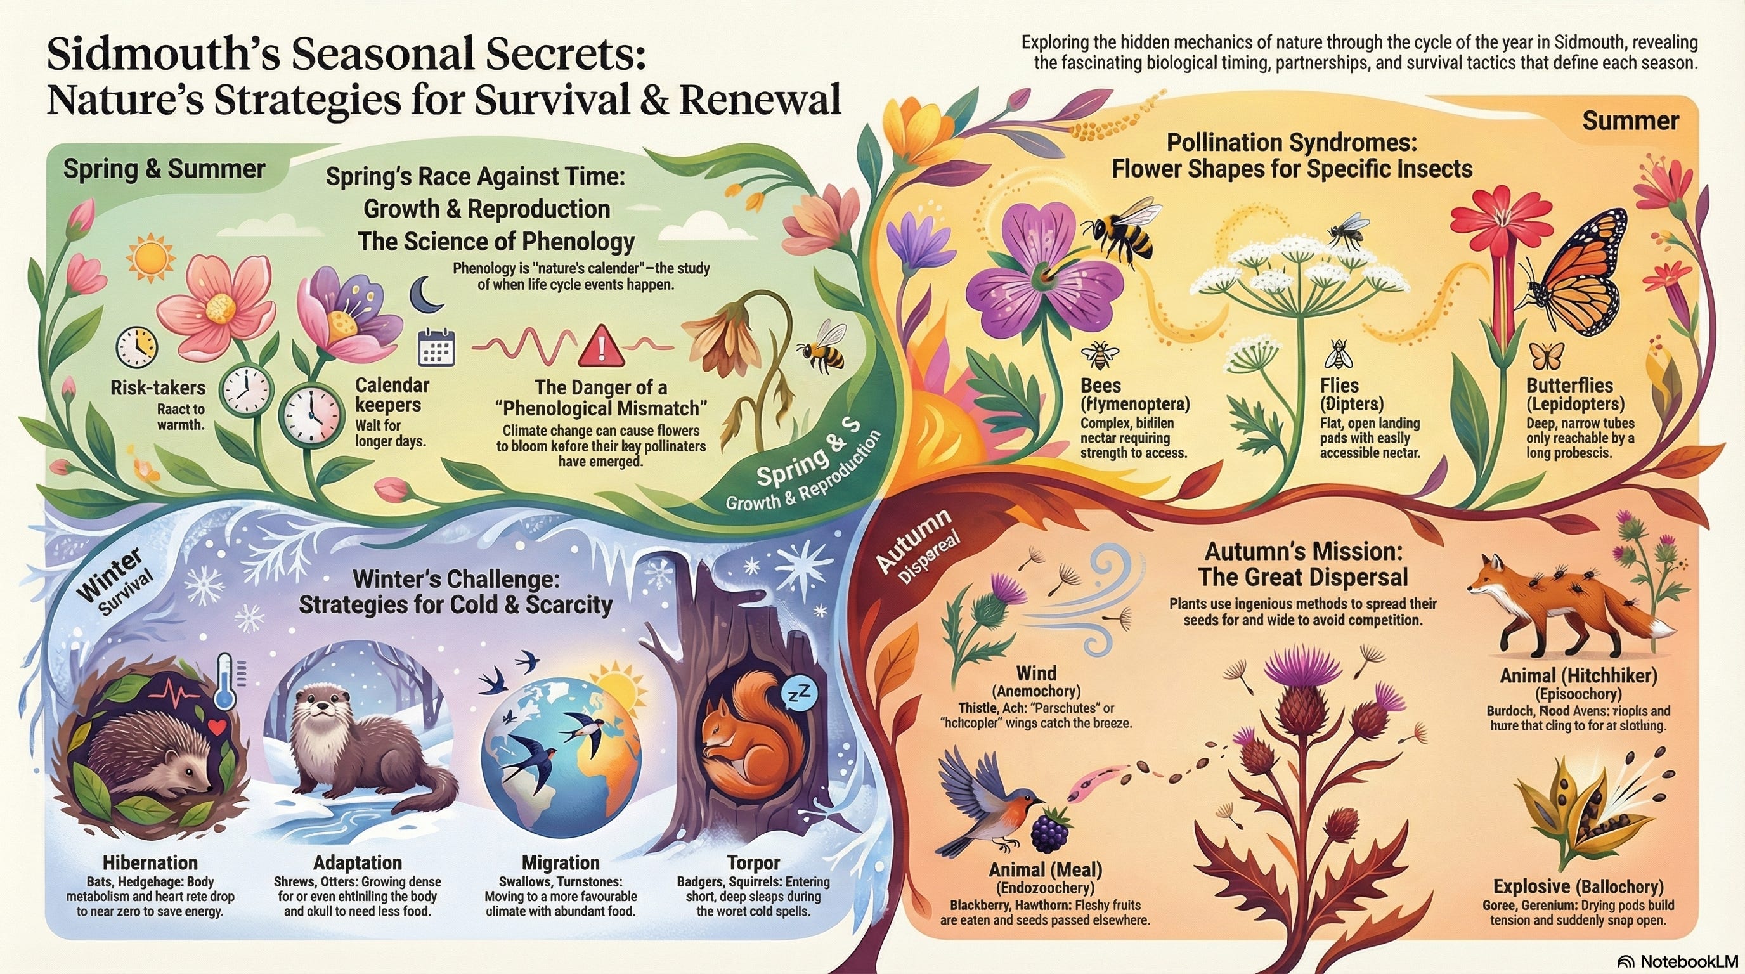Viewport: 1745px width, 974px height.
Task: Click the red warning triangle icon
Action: (x=598, y=346)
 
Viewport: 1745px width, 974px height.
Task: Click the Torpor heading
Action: (x=753, y=863)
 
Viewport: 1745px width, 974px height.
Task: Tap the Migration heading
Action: (x=561, y=863)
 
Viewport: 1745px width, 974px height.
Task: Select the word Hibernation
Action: (x=150, y=863)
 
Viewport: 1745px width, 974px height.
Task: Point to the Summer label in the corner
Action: (x=1630, y=122)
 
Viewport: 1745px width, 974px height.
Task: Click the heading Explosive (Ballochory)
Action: (x=1578, y=886)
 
